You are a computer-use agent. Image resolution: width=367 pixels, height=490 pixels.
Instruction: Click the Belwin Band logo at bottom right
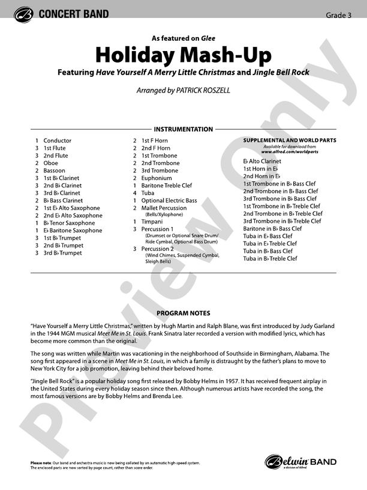300,462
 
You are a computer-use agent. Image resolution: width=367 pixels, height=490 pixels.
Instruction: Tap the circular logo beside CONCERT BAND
23,14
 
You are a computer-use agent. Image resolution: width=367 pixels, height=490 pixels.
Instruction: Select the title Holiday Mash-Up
183,55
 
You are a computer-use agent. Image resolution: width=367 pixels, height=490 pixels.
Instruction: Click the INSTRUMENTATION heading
183,129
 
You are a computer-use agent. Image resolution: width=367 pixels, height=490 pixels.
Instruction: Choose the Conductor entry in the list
57,141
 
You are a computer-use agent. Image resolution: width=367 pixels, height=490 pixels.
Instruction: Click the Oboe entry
50,163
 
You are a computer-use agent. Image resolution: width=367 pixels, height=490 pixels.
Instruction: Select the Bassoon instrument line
54,171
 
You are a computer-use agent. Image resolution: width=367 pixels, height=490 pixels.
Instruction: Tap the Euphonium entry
157,178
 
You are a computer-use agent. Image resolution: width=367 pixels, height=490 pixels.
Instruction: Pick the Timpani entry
152,222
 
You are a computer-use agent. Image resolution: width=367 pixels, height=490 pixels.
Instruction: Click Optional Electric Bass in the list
169,201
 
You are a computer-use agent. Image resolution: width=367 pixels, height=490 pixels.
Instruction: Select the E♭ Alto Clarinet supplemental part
262,162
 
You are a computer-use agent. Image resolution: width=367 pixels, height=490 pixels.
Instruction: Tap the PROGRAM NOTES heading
183,313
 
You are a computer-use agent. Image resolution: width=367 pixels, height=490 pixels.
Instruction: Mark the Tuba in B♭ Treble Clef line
270,259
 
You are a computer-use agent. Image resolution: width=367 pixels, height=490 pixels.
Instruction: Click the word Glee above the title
208,38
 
